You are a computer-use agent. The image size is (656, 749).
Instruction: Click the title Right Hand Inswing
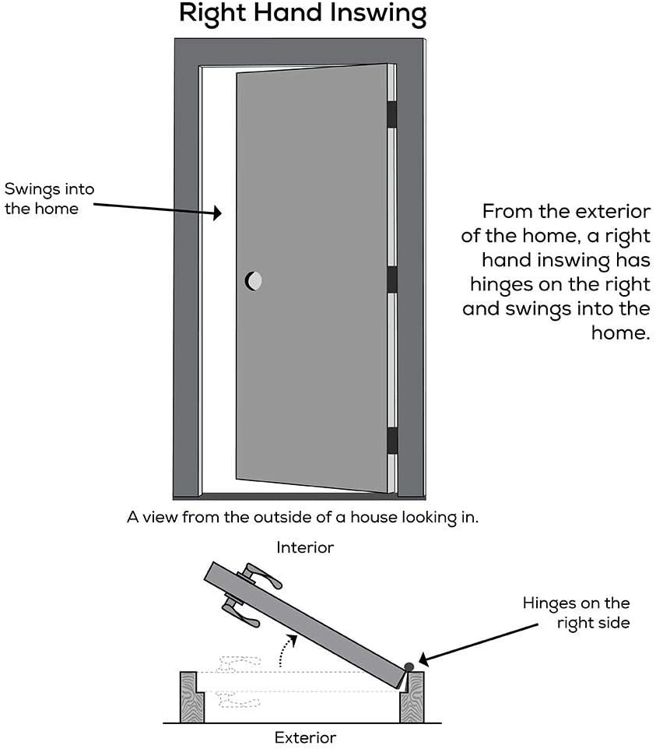(303, 14)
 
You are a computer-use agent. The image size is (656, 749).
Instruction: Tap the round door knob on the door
(254, 280)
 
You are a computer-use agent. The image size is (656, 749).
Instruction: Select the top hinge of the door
(391, 114)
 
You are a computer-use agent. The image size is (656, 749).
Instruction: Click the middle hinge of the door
(391, 279)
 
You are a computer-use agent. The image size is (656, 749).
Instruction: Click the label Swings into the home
(42, 198)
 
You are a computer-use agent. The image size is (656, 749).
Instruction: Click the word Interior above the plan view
(305, 547)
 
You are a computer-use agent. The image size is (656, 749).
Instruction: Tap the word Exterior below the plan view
(305, 737)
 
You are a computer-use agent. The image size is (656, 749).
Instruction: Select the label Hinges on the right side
(576, 612)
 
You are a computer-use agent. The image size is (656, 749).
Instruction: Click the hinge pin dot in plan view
(409, 667)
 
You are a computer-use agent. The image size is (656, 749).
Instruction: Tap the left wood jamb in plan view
(191, 697)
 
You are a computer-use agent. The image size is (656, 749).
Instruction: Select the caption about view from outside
(303, 517)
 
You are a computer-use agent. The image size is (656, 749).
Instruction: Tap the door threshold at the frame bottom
(298, 495)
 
